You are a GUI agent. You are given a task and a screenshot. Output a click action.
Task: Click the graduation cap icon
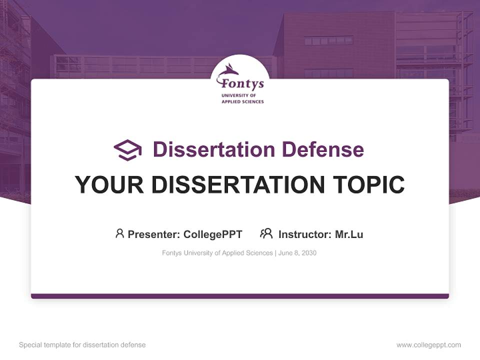tap(127, 150)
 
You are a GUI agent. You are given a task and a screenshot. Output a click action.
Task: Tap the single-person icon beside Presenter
tap(119, 233)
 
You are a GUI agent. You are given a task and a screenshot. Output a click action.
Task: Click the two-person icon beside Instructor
tap(266, 233)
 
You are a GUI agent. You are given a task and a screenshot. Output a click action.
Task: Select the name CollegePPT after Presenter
tap(212, 234)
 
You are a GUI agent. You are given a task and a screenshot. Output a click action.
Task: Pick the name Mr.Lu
tap(349, 234)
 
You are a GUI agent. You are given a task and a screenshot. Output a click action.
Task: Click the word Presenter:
tap(154, 234)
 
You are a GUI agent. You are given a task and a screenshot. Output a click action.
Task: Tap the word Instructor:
tap(305, 234)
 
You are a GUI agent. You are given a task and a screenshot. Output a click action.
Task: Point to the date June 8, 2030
tap(297, 253)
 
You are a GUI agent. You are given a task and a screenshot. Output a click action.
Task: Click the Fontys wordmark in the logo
tap(242, 83)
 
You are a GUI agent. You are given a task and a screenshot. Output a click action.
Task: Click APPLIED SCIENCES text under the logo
tap(242, 101)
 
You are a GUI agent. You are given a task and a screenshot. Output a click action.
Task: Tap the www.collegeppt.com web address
tap(428, 345)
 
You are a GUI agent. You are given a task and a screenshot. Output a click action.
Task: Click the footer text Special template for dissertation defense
tap(82, 345)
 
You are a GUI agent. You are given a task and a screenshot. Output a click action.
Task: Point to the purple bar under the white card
tap(240, 296)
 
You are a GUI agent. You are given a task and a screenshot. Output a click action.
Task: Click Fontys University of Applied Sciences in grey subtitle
tap(217, 253)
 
